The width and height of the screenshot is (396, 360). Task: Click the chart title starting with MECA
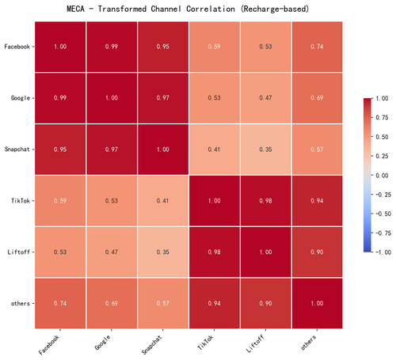coord(188,9)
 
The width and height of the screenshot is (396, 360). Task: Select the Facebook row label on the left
coord(17,47)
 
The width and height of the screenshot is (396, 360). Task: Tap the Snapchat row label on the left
coord(17,150)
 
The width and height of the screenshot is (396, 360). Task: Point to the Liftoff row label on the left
coord(19,252)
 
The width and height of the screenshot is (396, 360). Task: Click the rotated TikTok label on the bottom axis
coord(205,343)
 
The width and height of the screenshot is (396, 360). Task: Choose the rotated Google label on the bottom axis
coord(102,343)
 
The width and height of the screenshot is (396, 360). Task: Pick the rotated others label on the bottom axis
coord(309,343)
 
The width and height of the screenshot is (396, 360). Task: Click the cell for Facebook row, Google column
coord(112,47)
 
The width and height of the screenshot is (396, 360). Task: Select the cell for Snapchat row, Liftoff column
coord(265,150)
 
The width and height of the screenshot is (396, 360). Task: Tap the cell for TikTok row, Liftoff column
coord(265,201)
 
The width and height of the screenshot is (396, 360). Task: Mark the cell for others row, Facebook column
coord(60,303)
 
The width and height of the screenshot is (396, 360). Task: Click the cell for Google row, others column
coord(317,98)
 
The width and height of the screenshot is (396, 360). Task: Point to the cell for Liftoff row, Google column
coord(112,252)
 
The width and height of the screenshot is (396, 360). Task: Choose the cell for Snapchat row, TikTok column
coord(215,150)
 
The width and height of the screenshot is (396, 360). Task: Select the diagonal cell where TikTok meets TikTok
coord(215,201)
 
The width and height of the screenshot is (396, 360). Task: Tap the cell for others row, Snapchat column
coord(163,303)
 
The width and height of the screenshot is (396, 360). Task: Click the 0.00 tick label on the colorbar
coord(382,176)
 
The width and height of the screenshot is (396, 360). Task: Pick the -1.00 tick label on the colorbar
coord(383,252)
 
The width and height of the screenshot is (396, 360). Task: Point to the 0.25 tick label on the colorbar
coord(382,156)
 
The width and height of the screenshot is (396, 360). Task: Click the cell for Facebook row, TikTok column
coord(215,47)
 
